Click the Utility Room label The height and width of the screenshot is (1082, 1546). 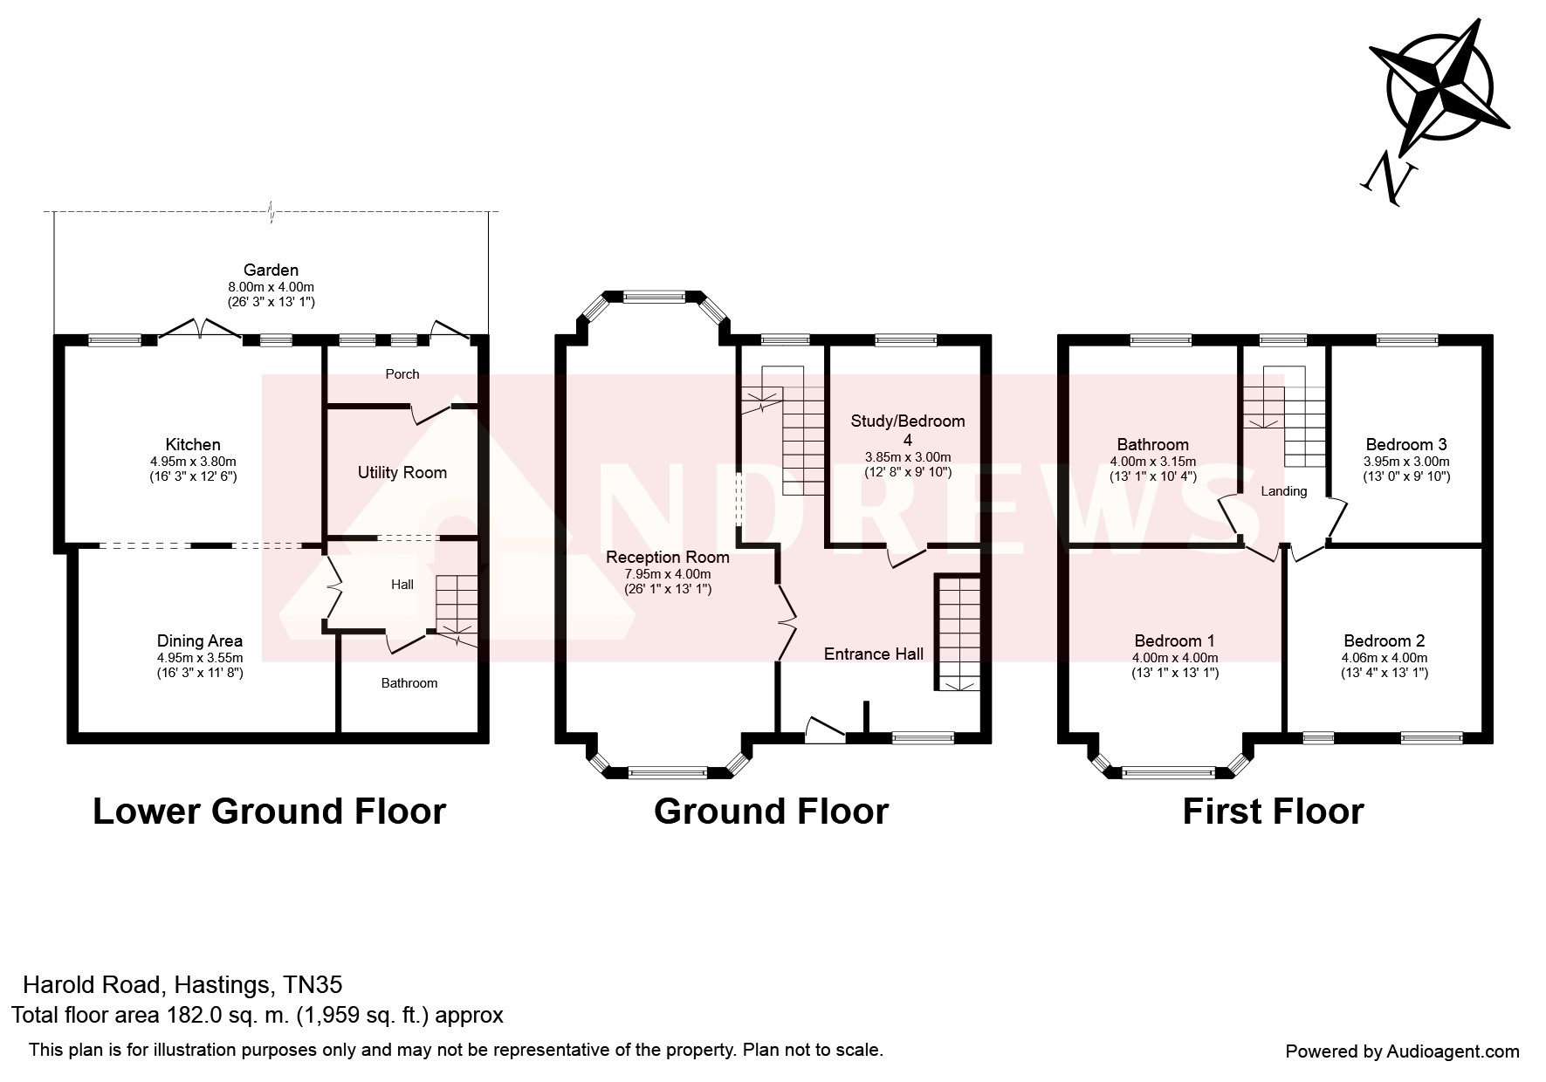point(402,473)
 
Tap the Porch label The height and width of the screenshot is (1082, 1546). point(402,374)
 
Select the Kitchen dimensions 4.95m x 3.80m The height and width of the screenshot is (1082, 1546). point(193,462)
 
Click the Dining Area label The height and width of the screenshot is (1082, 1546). point(200,641)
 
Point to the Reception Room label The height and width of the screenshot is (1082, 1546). point(668,558)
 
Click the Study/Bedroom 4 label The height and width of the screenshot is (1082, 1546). point(908,430)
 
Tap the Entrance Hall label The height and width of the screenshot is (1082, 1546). point(874,654)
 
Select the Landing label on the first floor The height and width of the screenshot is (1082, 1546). point(1283,491)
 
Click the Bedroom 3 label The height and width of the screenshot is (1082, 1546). point(1406,444)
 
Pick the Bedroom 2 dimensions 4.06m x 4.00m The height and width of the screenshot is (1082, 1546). point(1385,658)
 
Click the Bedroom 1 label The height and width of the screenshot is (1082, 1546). point(1174,641)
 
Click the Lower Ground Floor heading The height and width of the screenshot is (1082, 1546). point(269,811)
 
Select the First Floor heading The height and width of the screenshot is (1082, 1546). point(1273,811)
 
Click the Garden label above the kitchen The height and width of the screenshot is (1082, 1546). point(271,270)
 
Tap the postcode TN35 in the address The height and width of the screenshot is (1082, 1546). point(313,985)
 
